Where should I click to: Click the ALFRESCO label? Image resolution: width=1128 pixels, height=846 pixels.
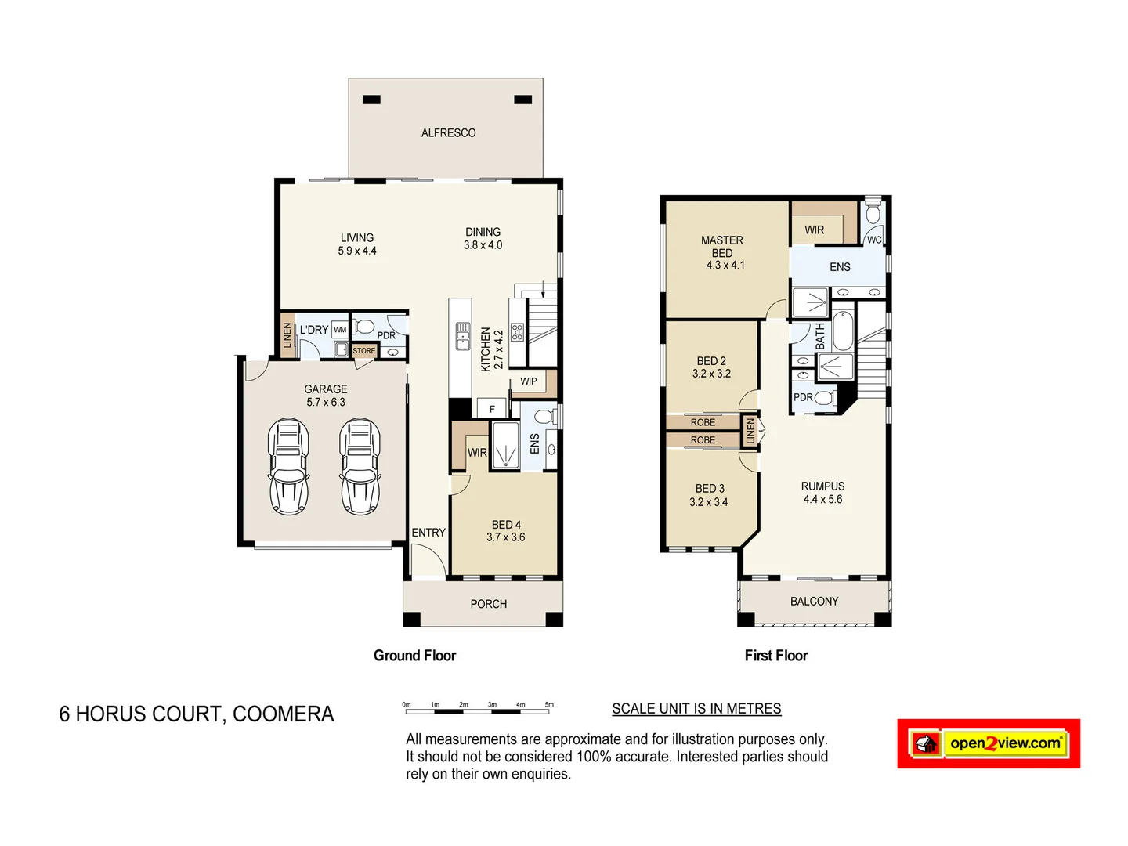[x=448, y=133]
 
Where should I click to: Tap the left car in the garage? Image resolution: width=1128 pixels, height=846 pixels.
[x=288, y=467]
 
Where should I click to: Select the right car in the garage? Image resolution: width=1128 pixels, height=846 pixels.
[x=360, y=467]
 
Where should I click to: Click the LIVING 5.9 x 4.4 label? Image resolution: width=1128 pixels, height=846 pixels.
[x=357, y=244]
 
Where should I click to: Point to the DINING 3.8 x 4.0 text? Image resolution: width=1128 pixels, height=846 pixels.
[x=483, y=239]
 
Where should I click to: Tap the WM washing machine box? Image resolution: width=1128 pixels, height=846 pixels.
[x=340, y=330]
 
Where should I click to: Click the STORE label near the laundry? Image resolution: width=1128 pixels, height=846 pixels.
[x=364, y=351]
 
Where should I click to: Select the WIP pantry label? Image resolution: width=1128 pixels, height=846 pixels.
[x=529, y=381]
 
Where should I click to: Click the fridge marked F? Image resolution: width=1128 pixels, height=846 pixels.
[x=492, y=409]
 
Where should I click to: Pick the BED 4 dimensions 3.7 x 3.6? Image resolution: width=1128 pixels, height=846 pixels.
[x=505, y=537]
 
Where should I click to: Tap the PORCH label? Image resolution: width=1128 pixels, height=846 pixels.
[x=488, y=604]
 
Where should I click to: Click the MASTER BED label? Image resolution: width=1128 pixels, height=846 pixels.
[x=722, y=247]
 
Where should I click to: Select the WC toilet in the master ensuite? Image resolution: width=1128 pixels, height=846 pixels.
[x=873, y=214]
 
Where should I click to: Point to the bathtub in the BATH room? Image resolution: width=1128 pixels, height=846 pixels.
[x=842, y=331]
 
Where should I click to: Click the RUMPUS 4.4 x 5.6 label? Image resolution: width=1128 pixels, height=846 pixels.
[x=822, y=493]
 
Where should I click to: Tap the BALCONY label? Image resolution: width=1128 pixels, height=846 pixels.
[x=814, y=602]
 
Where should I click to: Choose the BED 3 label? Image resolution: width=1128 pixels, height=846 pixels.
[x=710, y=489]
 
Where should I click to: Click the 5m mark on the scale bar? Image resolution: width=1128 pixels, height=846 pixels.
[x=549, y=705]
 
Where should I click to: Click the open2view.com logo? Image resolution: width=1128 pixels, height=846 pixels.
[x=989, y=743]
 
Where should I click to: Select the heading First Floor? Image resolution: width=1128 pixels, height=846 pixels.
[x=775, y=656]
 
